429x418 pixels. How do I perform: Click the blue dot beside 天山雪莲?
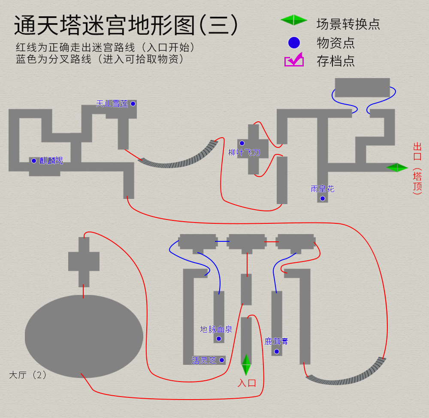pyautogui.click(x=133, y=104)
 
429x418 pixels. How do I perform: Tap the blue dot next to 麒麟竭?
pyautogui.click(x=34, y=161)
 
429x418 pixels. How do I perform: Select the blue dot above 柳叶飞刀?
pyautogui.click(x=242, y=143)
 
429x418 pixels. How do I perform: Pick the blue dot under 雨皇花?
pyautogui.click(x=322, y=198)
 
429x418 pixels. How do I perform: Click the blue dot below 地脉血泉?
pyautogui.click(x=219, y=339)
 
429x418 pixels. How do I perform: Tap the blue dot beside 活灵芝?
pyautogui.click(x=222, y=360)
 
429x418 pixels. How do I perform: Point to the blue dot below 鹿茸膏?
pyautogui.click(x=277, y=352)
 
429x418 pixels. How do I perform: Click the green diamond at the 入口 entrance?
pyautogui.click(x=246, y=365)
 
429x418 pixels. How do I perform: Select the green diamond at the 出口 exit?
pyautogui.click(x=397, y=168)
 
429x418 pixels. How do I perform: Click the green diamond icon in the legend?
pyautogui.click(x=294, y=20)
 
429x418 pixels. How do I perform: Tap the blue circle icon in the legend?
pyautogui.click(x=294, y=43)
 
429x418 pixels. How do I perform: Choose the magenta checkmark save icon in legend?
pyautogui.click(x=294, y=60)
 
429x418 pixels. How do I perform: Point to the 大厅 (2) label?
pyautogui.click(x=28, y=375)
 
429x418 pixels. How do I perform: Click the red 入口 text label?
pyautogui.click(x=247, y=383)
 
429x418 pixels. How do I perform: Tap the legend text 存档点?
pyautogui.click(x=335, y=61)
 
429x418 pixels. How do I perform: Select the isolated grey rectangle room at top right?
pyautogui.click(x=362, y=87)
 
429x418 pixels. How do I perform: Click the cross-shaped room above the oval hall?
pyautogui.click(x=84, y=262)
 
